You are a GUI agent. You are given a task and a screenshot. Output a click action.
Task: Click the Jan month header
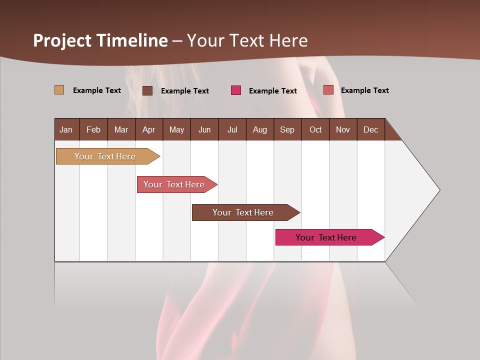66,129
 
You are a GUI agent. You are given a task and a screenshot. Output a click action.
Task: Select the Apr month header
148,129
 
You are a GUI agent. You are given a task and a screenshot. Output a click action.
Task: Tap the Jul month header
232,129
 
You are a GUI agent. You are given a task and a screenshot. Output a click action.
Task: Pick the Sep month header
287,129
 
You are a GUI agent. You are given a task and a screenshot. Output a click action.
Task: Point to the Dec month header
370,129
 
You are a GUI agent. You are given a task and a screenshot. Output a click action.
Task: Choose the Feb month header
93,129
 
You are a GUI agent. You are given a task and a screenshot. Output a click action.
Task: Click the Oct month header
315,129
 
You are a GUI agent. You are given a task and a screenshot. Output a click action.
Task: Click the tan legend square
59,90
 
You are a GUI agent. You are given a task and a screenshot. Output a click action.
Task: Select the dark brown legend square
147,90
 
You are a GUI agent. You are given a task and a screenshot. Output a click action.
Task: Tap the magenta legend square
236,90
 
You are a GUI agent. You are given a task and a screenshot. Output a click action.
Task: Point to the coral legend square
328,90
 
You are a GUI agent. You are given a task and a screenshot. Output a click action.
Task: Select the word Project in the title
62,40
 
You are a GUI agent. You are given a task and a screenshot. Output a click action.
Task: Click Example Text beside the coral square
364,90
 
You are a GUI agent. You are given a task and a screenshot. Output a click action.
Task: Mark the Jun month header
204,129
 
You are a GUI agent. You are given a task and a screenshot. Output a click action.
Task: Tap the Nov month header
343,129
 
